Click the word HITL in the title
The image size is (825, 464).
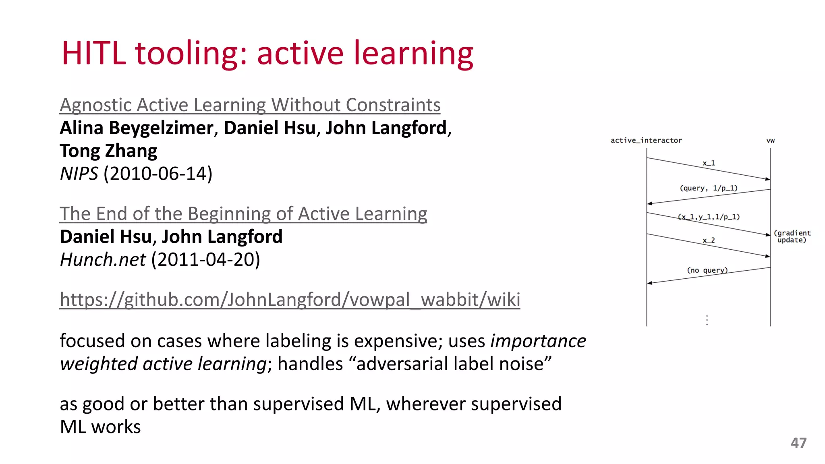[93, 53]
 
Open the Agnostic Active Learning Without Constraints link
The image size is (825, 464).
[250, 105]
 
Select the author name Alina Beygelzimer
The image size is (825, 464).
[137, 128]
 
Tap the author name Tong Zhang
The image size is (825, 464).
[108, 151]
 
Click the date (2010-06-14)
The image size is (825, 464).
[158, 174]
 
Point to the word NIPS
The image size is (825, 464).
[79, 174]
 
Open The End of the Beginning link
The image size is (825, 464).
[243, 214]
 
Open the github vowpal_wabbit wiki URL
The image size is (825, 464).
[290, 300]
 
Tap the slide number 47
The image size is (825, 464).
[798, 443]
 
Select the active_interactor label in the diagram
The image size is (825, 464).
[646, 141]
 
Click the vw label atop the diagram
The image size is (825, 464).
[770, 141]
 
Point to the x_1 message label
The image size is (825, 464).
[709, 163]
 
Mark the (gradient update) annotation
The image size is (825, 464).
[792, 236]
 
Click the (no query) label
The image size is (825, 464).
[707, 270]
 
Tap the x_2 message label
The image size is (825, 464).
[709, 240]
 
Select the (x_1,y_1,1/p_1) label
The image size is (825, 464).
[709, 217]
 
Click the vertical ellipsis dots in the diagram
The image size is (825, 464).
[707, 320]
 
